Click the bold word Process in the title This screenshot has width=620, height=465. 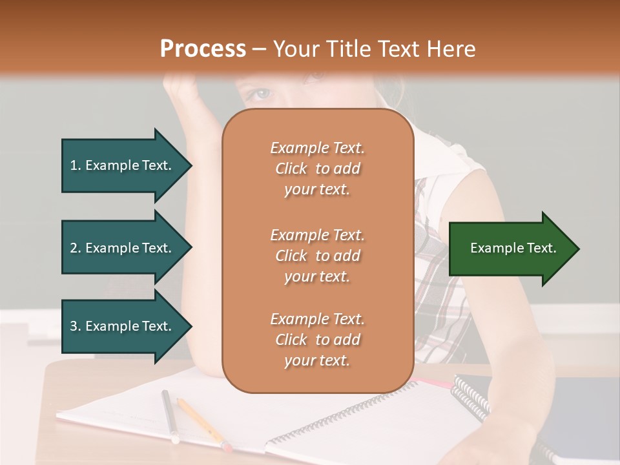(x=203, y=49)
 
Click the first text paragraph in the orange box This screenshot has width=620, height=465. (x=317, y=169)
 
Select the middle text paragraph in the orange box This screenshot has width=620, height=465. (x=317, y=256)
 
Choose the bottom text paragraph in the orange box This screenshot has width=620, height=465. (x=317, y=340)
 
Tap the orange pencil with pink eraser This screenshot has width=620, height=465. (x=201, y=424)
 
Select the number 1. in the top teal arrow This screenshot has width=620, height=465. (x=76, y=165)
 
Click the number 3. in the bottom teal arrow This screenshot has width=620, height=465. (x=76, y=326)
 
